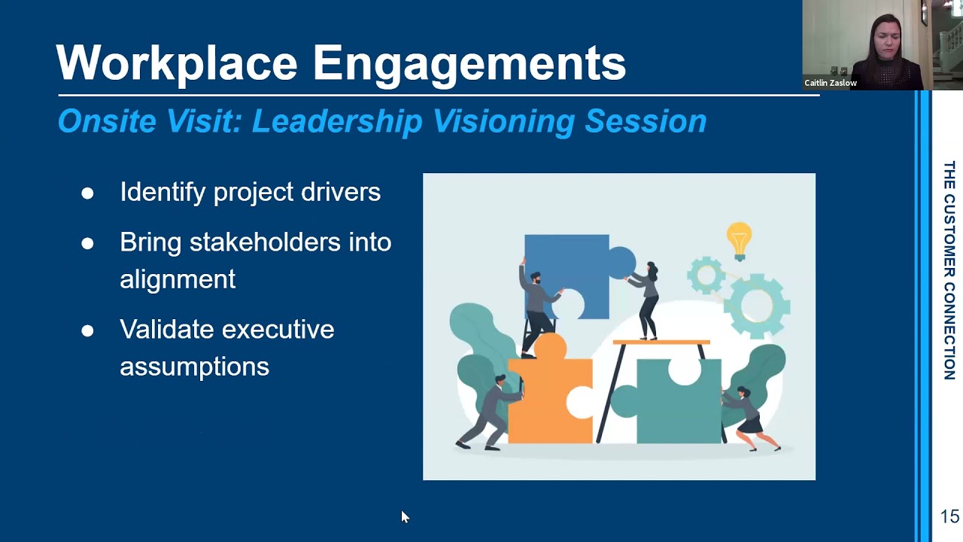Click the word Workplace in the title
point(177,62)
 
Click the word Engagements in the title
point(469,64)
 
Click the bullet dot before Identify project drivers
point(87,193)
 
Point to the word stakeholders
point(265,242)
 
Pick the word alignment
point(178,279)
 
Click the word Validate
point(166,330)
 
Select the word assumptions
point(194,367)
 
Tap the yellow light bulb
point(739,239)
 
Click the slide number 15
point(949,516)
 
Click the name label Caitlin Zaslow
point(830,83)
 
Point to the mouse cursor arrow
point(404,516)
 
